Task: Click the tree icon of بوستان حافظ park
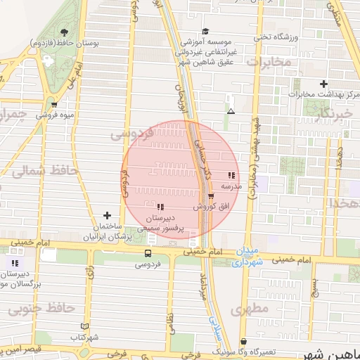tap(64, 32)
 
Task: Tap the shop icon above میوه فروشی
tap(54, 104)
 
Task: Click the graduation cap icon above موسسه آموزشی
tap(205, 32)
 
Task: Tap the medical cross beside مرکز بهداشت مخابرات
tap(296, 92)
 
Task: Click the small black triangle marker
tap(231, 111)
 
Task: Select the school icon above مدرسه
tap(231, 176)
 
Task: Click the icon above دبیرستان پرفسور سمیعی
tap(161, 207)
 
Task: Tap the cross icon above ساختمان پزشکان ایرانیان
tap(107, 215)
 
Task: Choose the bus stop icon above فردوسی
tap(148, 254)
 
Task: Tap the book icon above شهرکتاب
tap(85, 327)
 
